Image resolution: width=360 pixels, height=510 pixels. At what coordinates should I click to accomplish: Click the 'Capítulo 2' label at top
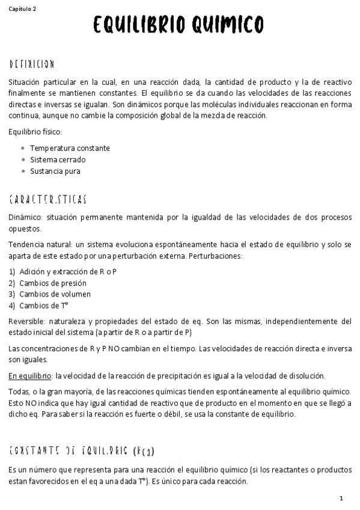pyautogui.click(x=22, y=9)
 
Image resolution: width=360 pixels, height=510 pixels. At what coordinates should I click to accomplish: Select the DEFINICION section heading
pyautogui.click(x=32, y=64)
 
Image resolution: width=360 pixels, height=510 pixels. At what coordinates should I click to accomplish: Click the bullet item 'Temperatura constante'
pyautogui.click(x=70, y=148)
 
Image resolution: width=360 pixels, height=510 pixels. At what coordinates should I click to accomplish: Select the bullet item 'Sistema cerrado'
pyautogui.click(x=58, y=159)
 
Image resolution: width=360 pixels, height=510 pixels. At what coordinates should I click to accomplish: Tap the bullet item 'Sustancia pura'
pyautogui.click(x=55, y=171)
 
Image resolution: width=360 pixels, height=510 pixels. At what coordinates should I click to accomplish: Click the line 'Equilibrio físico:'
pyautogui.click(x=35, y=132)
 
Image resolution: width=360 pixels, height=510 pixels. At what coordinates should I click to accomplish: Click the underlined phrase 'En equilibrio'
pyautogui.click(x=31, y=376)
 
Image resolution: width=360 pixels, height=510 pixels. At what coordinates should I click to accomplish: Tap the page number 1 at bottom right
pyautogui.click(x=341, y=499)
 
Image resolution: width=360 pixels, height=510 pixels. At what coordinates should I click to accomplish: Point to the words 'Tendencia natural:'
pyautogui.click(x=40, y=244)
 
